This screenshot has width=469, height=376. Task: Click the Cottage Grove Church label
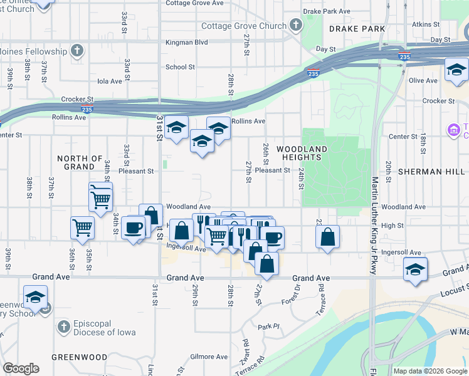coord(243,26)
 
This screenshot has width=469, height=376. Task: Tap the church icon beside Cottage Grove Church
coord(296,26)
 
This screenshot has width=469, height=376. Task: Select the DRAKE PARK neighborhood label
coord(349,29)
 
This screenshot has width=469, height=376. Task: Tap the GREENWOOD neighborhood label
coord(79,357)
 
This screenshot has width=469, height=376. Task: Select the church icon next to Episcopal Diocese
coord(63,326)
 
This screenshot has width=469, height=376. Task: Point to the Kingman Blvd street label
coord(186,43)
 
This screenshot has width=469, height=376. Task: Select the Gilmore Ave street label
coord(209,357)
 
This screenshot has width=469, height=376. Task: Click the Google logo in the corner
coord(21,368)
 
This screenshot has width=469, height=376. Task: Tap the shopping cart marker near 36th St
coord(82,227)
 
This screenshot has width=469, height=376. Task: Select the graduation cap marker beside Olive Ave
coord(456,70)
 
